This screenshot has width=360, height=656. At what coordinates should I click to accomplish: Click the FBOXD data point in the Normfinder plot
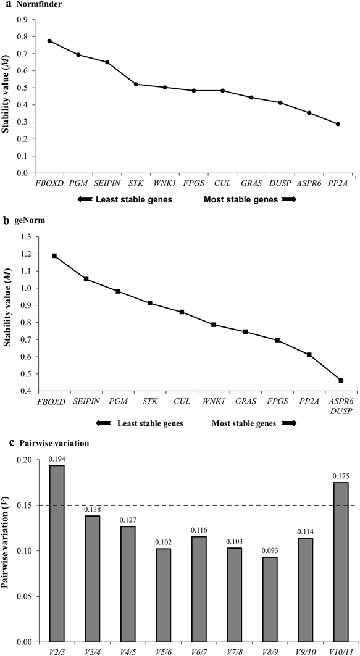click(49, 41)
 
